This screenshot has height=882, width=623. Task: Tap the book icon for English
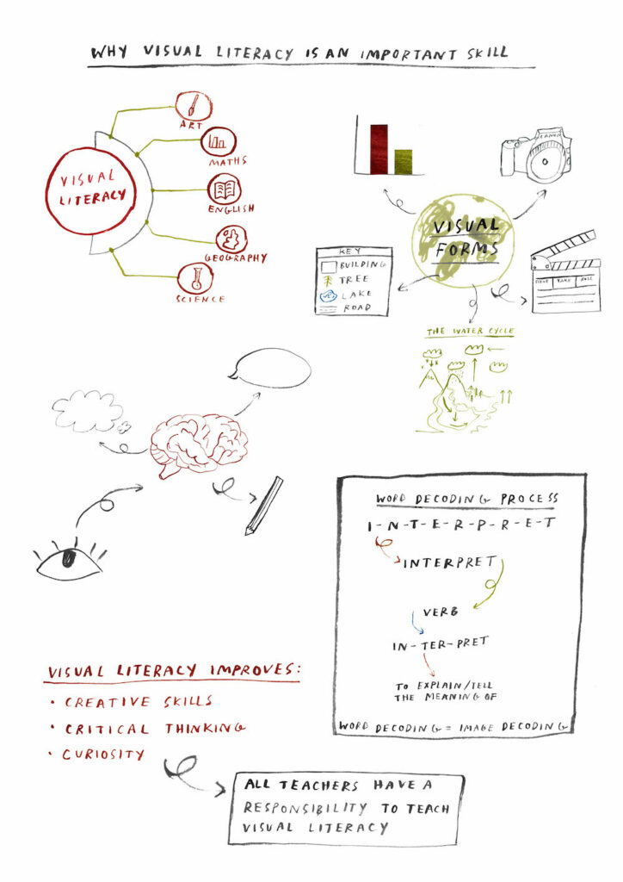pyautogui.click(x=225, y=189)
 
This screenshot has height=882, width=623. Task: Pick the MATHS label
pyautogui.click(x=227, y=161)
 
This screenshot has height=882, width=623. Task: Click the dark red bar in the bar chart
pyautogui.click(x=379, y=148)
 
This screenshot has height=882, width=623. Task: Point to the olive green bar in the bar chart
pyautogui.click(x=404, y=161)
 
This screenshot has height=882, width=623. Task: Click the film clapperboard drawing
pyautogui.click(x=565, y=274)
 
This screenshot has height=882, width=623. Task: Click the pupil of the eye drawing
pyautogui.click(x=68, y=557)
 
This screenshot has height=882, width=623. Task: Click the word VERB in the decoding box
pyautogui.click(x=440, y=612)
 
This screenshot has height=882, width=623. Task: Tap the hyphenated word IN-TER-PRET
pyautogui.click(x=439, y=642)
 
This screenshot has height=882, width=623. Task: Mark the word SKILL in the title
pyautogui.click(x=484, y=53)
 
